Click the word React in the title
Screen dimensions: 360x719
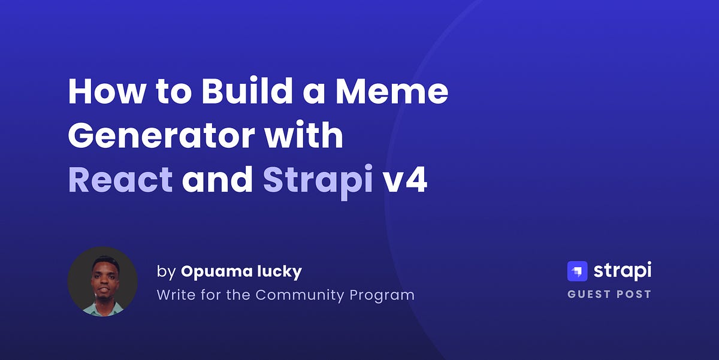click(x=120, y=180)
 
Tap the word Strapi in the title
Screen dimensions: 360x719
click(x=318, y=180)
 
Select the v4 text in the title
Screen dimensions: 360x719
click(x=405, y=180)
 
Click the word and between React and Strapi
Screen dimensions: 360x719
click(x=217, y=180)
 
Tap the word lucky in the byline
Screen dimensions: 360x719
click(x=282, y=272)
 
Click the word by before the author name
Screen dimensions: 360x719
click(x=165, y=272)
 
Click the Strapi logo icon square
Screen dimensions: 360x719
click(x=577, y=271)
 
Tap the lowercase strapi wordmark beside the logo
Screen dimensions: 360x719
click(x=622, y=271)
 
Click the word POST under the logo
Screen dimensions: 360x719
click(x=635, y=295)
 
